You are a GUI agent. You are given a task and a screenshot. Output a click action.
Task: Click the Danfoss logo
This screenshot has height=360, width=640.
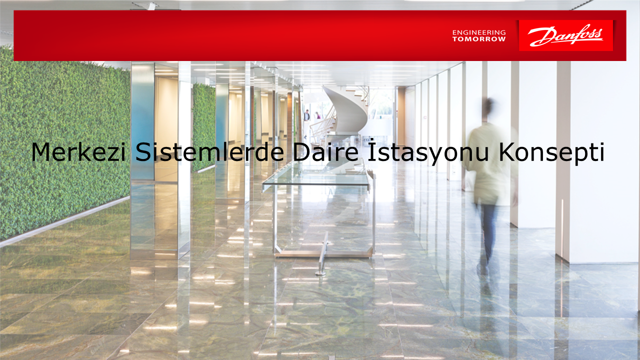coord(565,35)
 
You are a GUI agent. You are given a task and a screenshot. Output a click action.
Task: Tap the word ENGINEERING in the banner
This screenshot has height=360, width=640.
coord(479,32)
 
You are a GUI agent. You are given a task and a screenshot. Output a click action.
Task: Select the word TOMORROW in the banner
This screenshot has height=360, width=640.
coord(479,39)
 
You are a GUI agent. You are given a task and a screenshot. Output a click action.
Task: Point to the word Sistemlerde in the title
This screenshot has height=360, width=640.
coord(209,151)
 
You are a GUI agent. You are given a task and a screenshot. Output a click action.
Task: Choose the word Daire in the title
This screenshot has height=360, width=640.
coord(325,151)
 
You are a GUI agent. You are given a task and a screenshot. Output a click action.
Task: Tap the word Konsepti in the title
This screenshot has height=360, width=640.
coord(551,153)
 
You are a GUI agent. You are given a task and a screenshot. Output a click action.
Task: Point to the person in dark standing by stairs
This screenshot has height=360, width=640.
coord(307,115)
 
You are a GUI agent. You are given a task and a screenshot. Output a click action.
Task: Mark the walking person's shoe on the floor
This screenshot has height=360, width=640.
coord(482,269)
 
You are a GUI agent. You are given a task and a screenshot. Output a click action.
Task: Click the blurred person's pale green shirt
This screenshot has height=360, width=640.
coord(490,163)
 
